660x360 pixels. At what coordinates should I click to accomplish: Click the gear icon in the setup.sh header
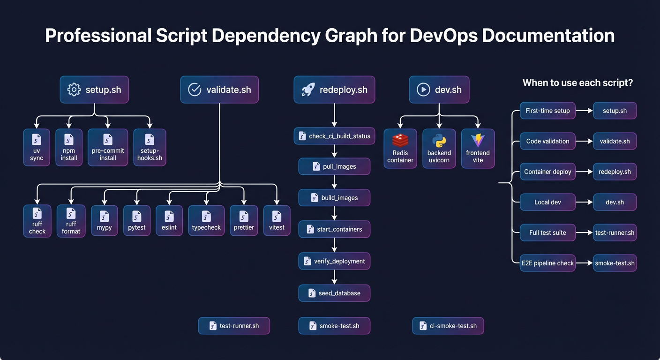pyautogui.click(x=74, y=90)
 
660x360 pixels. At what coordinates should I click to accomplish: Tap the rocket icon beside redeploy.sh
pyautogui.click(x=307, y=90)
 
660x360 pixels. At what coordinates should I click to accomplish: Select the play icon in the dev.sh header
pyautogui.click(x=423, y=90)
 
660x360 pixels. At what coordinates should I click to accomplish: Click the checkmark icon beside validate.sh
pyautogui.click(x=195, y=90)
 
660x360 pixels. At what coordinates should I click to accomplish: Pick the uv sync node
pyautogui.click(x=37, y=147)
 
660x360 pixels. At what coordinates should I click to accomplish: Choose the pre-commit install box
pyautogui.click(x=108, y=147)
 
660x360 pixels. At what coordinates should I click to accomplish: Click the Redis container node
pyautogui.click(x=400, y=149)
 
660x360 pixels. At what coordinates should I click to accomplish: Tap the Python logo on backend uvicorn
pyautogui.click(x=439, y=140)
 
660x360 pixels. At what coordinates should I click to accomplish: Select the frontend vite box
pyautogui.click(x=478, y=149)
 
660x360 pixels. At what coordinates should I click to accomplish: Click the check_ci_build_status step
pyautogui.click(x=334, y=136)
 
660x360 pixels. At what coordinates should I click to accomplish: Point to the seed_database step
pyautogui.click(x=334, y=293)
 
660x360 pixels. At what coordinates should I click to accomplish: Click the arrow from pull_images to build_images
pyautogui.click(x=334, y=182)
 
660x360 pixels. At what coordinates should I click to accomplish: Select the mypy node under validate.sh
pyautogui.click(x=104, y=220)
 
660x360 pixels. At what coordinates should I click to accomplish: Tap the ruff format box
pyautogui.click(x=71, y=221)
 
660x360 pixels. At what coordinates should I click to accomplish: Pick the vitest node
pyautogui.click(x=277, y=220)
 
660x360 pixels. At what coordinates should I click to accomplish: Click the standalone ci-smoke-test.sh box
pyautogui.click(x=448, y=326)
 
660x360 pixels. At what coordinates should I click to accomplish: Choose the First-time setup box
pyautogui.click(x=547, y=111)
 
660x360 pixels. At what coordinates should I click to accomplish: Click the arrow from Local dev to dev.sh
pyautogui.click(x=584, y=202)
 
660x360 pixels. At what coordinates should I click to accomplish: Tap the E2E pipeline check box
pyautogui.click(x=547, y=263)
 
